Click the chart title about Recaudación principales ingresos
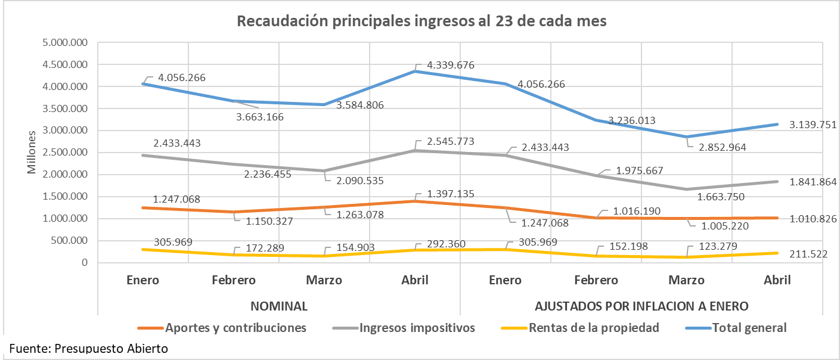tap(421, 21)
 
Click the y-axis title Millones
tap(32, 153)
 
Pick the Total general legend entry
tap(749, 327)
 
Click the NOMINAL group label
tap(279, 306)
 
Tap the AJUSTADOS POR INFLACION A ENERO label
tap(641, 306)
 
